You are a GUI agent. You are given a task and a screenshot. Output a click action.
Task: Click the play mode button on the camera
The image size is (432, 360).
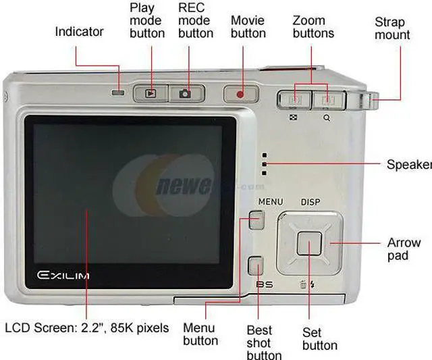pos(151,93)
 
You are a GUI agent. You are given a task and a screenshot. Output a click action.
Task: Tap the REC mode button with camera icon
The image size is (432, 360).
pos(185,93)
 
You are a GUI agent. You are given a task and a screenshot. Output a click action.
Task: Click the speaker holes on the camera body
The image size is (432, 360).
pos(263,164)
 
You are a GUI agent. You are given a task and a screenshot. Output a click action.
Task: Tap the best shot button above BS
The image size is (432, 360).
pos(255,265)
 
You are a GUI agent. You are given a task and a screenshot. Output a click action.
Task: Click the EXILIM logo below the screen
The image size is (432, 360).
pos(64,276)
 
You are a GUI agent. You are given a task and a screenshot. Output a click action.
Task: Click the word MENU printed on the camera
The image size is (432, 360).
pos(271,201)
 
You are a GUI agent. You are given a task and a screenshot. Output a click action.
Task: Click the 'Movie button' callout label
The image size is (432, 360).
pos(248,27)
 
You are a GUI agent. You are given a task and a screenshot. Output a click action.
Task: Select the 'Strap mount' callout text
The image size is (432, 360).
pos(392,28)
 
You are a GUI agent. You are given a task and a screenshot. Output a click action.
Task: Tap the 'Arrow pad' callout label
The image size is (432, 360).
pos(404,249)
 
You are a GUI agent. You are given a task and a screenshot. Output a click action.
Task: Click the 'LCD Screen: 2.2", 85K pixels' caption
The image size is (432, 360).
pos(86,328)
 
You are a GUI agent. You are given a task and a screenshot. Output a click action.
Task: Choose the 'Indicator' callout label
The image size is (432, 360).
pos(80,32)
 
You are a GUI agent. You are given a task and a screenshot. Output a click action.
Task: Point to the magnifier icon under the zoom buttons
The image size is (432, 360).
pos(327,117)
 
